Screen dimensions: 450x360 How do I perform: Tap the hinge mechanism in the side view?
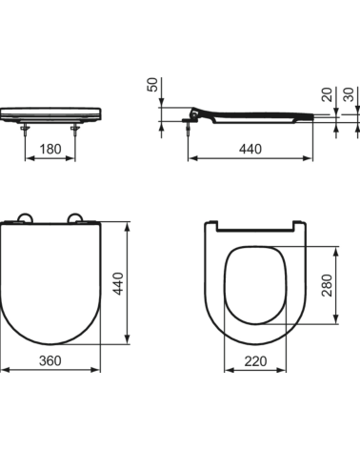[198, 113]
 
